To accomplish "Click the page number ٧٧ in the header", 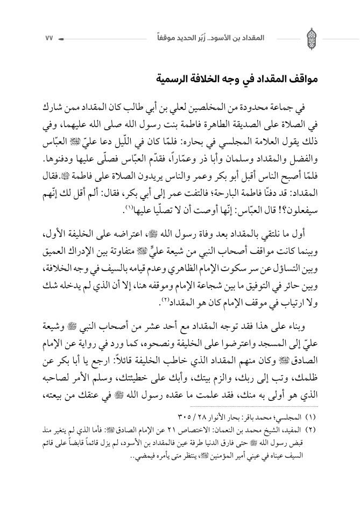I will [x=46, y=39].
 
